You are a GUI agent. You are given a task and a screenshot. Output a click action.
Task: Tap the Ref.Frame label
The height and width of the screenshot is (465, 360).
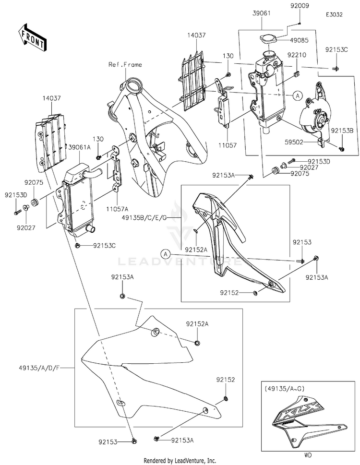coord(125,65)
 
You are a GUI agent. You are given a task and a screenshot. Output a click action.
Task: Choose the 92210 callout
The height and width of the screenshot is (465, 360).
coord(296,55)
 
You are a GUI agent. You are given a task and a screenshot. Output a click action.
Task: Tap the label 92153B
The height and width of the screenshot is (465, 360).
coord(341,131)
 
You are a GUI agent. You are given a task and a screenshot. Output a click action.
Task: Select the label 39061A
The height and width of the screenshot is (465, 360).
coord(79,147)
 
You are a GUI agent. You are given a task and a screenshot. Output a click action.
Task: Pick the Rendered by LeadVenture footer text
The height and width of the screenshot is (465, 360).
coord(180,460)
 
